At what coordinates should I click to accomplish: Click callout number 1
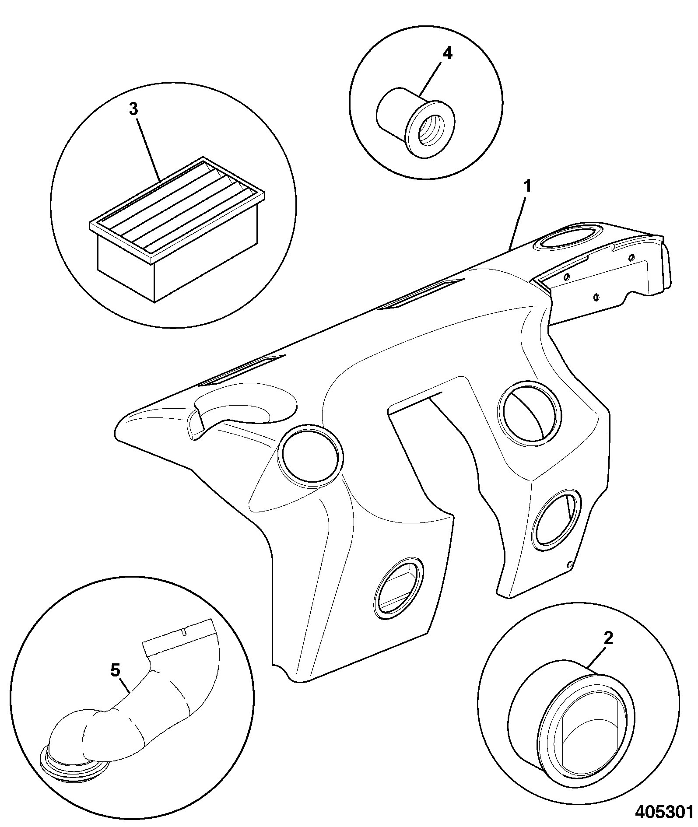tap(527, 187)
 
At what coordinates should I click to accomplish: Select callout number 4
tap(447, 53)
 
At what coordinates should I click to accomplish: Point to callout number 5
tap(115, 670)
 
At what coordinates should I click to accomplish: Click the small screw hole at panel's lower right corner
tap(569, 564)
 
